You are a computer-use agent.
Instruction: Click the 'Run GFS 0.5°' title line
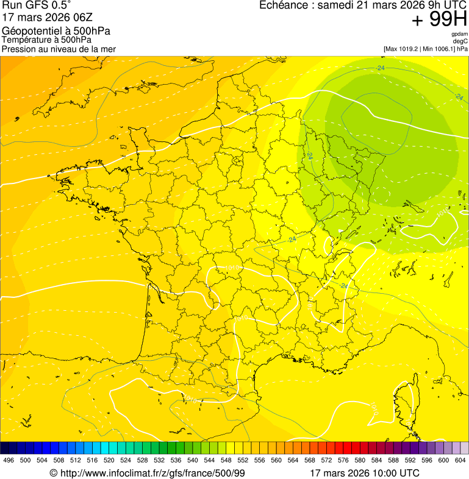[x=37, y=5]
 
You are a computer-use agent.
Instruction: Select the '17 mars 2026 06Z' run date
[x=47, y=18]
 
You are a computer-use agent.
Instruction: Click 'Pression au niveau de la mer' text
[x=59, y=49]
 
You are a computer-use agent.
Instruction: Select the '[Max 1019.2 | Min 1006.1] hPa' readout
[x=425, y=49]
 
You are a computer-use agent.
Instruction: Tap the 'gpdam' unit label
[x=459, y=34]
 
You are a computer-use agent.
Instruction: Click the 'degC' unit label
[x=460, y=41]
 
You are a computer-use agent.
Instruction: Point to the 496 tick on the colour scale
[x=9, y=461]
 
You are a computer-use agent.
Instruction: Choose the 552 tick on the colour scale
[x=243, y=461]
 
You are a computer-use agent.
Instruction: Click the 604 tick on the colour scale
[x=460, y=461]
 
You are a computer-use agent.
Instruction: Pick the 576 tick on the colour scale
[x=343, y=461]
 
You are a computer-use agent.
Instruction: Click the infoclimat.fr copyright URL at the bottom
[x=147, y=473]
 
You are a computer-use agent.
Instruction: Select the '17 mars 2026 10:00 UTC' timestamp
[x=365, y=473]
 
